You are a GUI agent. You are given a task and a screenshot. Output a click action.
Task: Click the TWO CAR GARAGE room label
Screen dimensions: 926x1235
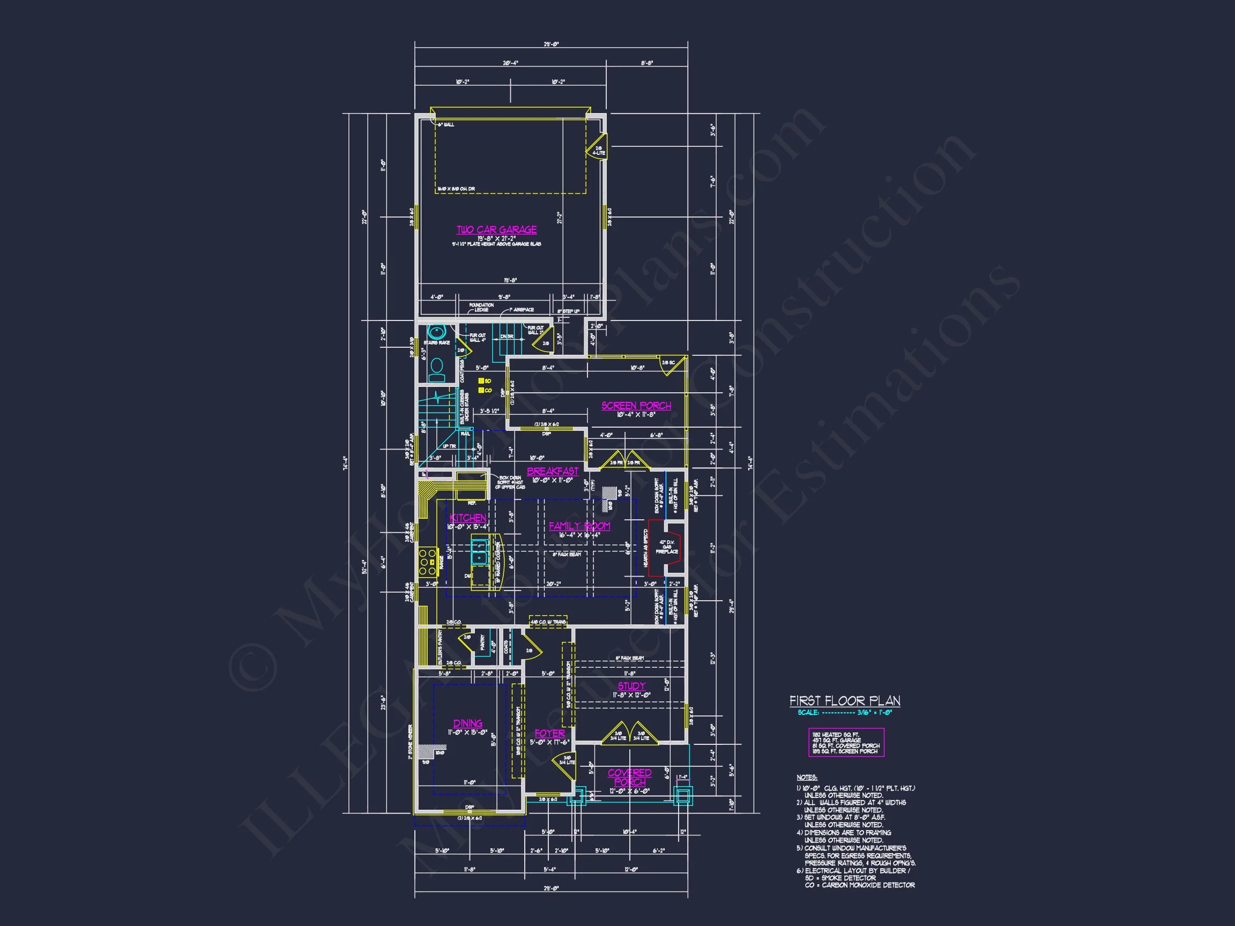click(x=496, y=230)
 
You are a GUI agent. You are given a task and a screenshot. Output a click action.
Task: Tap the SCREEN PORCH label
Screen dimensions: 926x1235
click(x=636, y=406)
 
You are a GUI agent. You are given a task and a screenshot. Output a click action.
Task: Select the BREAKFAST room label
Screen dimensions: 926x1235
click(x=552, y=472)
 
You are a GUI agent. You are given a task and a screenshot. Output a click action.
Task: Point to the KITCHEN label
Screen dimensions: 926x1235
click(x=468, y=518)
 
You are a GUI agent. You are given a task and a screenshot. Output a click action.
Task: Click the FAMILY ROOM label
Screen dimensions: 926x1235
click(x=579, y=526)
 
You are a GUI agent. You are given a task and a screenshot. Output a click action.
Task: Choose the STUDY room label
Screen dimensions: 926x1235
click(x=631, y=686)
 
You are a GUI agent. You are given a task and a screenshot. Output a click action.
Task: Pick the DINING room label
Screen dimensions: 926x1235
click(x=468, y=723)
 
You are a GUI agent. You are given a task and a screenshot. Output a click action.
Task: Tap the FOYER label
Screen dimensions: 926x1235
click(x=549, y=734)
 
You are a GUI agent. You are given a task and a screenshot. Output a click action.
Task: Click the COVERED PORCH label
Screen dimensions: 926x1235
click(x=630, y=778)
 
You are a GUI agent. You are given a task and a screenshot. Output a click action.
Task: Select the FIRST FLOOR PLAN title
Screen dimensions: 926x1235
click(x=845, y=701)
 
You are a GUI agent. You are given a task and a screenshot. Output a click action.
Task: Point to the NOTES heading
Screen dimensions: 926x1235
click(x=807, y=778)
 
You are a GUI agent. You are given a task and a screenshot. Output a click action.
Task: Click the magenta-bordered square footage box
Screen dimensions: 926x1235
click(x=846, y=743)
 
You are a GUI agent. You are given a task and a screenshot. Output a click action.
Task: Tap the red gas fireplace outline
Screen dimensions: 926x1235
click(x=667, y=548)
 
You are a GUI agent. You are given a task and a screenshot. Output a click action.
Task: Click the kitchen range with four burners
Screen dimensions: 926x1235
click(x=428, y=562)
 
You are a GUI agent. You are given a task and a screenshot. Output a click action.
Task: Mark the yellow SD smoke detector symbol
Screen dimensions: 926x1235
click(x=481, y=381)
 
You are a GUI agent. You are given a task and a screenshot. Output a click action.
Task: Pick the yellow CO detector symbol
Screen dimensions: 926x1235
click(x=481, y=390)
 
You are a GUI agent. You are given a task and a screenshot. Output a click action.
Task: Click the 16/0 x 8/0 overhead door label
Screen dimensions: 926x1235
click(x=456, y=189)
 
